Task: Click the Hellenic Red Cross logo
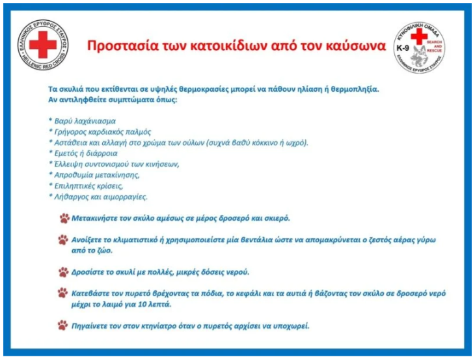click(x=43, y=45)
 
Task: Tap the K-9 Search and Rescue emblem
click(x=419, y=48)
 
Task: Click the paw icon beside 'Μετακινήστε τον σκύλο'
click(x=64, y=218)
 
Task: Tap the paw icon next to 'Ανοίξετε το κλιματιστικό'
click(x=63, y=240)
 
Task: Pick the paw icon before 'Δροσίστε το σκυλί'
click(x=63, y=272)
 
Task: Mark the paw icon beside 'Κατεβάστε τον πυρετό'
click(x=62, y=293)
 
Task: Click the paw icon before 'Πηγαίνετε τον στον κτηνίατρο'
click(x=62, y=325)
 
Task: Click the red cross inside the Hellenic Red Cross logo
click(x=43, y=44)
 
